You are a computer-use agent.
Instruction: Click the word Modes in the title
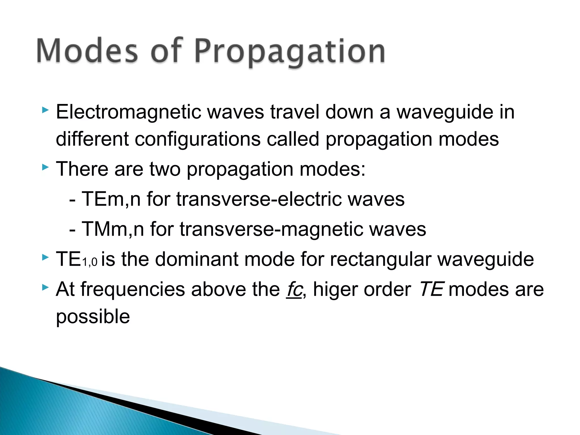pyautogui.click(x=87, y=51)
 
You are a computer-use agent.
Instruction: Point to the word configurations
pyautogui.click(x=197, y=139)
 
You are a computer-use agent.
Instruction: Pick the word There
pyautogui.click(x=82, y=169)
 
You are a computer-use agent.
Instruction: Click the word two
pyautogui.click(x=165, y=169)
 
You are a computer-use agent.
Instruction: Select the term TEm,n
pyautogui.click(x=111, y=199)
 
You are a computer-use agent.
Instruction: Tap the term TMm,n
pyautogui.click(x=113, y=229)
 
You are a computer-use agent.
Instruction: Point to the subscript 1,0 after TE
pyautogui.click(x=89, y=262)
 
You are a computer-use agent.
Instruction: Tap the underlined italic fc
pyautogui.click(x=294, y=289)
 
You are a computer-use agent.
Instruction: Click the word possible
pyautogui.click(x=93, y=317)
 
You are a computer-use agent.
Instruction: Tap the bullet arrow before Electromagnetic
pyautogui.click(x=45, y=110)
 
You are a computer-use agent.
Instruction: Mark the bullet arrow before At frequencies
pyautogui.click(x=45, y=288)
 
